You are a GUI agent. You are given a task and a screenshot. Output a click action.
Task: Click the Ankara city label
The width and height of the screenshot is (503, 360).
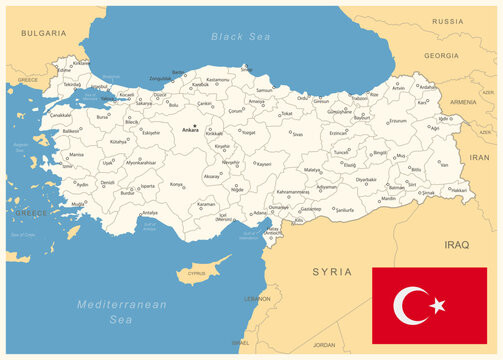coord(190,130)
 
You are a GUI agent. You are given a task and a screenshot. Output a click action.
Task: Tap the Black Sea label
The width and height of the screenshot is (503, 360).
coord(240,36)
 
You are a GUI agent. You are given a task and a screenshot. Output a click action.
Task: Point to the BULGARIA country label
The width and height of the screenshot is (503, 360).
coord(43,33)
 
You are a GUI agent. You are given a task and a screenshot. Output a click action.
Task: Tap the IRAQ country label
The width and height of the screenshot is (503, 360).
coord(456,243)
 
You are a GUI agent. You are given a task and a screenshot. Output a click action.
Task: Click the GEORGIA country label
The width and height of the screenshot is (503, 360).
coord(441,56)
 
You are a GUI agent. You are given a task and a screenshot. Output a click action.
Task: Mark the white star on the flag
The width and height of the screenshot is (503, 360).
coord(437,304)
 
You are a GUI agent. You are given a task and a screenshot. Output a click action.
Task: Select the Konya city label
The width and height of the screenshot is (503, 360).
coord(176,185)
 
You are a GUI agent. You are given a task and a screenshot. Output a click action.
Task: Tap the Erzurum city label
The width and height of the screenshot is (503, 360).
coord(398,121)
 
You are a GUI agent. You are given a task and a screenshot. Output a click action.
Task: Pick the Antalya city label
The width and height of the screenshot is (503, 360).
coord(150,213)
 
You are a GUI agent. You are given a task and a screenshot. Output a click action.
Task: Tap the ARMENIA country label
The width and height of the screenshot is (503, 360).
coord(463,102)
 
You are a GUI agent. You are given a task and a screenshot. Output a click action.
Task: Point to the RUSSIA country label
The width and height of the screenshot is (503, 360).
coord(447,21)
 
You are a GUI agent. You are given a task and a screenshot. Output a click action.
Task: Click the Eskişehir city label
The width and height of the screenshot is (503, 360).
coord(151,132)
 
